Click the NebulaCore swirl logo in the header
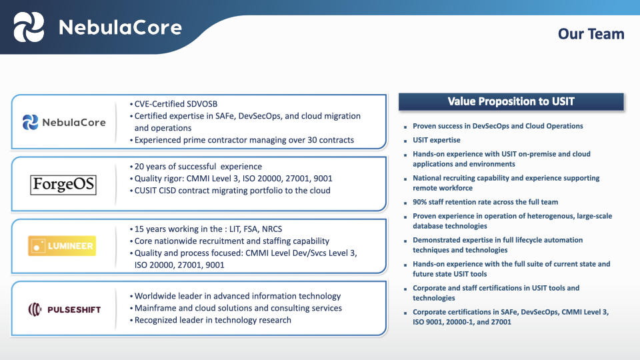(x=29, y=27)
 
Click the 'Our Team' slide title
(x=591, y=34)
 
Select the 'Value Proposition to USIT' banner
(x=511, y=101)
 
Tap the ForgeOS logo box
(x=63, y=184)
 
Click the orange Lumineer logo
(x=61, y=246)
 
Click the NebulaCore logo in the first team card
(x=64, y=122)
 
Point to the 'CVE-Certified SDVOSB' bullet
(x=176, y=104)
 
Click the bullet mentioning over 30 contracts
(x=244, y=140)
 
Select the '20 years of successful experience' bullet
(x=198, y=167)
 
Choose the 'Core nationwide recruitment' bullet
(x=231, y=241)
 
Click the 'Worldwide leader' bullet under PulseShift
(x=237, y=296)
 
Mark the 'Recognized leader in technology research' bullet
(x=213, y=320)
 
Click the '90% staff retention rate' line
(x=485, y=202)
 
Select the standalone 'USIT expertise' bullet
(x=437, y=140)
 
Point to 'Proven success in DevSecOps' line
(x=497, y=126)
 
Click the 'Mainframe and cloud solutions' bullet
(x=238, y=308)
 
